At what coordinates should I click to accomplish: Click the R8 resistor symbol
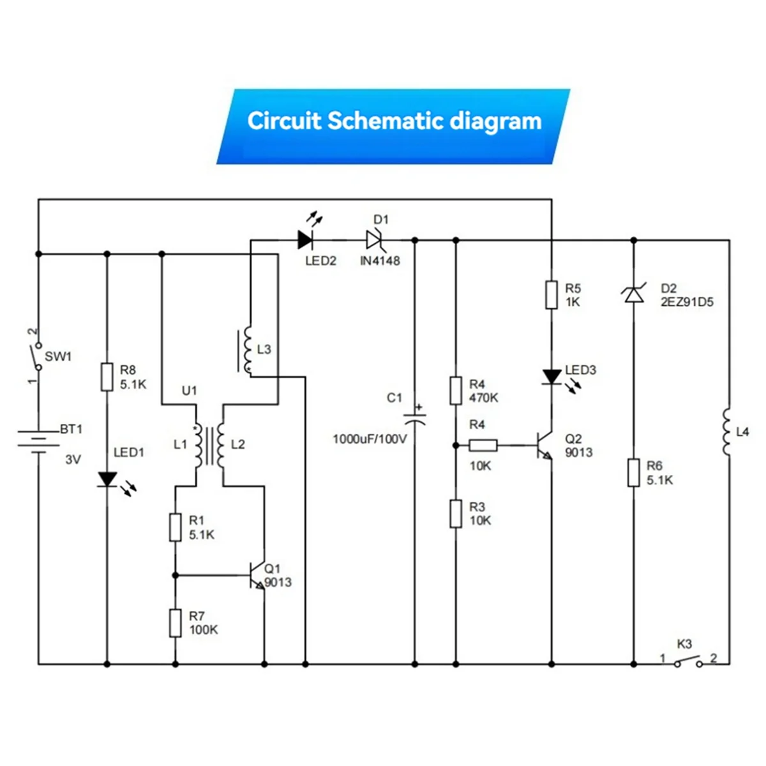pos(107,377)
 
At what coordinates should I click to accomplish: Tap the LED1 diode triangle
pos(107,479)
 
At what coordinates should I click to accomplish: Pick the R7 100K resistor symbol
pos(176,623)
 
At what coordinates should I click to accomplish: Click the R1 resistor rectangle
pos(176,528)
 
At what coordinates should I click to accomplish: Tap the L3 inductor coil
pos(248,350)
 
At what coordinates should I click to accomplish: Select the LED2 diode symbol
pos(305,240)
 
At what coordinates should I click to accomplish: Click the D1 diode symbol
pos(374,240)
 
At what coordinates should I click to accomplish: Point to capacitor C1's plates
pos(415,419)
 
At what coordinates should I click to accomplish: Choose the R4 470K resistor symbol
pos(456,391)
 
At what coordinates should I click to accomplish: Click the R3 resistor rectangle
pos(456,514)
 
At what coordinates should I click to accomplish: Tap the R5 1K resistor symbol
pos(552,295)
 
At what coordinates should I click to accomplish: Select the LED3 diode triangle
pos(552,377)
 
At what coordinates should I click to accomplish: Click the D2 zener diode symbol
pos(633,294)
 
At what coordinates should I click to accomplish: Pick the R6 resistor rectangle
pos(633,473)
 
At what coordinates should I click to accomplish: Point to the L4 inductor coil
pos(727,432)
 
